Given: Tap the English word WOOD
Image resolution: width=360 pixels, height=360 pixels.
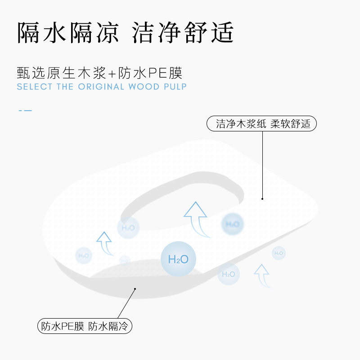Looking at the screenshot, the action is point(144,87).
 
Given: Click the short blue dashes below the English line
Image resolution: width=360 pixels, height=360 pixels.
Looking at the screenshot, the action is point(25,110).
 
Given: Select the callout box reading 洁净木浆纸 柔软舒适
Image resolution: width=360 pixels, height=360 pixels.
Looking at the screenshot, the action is point(261,124).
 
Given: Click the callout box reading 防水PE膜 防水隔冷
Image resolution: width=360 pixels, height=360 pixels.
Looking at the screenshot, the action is point(85,326).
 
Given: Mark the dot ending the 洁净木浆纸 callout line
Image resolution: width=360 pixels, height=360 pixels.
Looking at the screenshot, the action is point(262,198).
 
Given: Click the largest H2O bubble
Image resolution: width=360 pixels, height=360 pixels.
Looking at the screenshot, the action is point(178,259).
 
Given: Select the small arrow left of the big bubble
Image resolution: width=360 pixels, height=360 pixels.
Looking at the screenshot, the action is point(104,243).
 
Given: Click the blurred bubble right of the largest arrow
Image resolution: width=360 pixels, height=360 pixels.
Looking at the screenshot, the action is point(232,224).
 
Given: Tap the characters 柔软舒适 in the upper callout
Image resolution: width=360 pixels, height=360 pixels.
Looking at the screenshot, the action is point(290,124).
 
